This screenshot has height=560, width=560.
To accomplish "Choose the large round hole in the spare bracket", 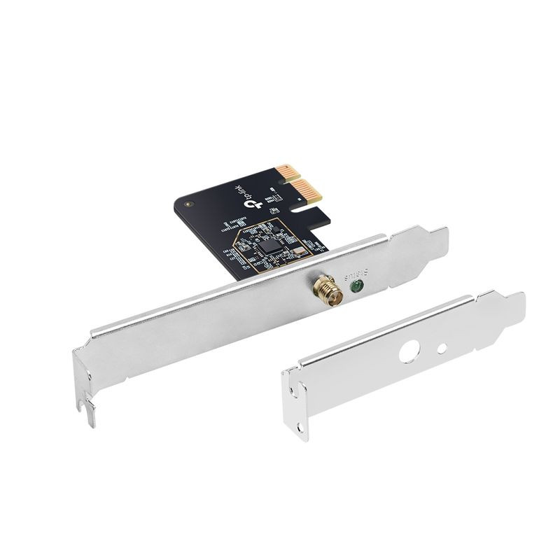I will click(x=407, y=351).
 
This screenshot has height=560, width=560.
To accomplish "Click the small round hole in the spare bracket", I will click(x=442, y=347).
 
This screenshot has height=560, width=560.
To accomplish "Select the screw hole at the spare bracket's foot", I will click(x=302, y=423).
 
